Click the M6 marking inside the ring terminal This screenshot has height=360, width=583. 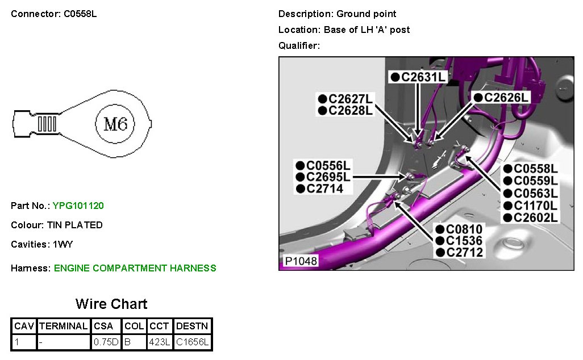coord(115,124)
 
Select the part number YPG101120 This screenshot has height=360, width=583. coord(78,206)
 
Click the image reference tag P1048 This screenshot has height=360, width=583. coord(301,261)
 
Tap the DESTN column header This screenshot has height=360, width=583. coord(192,326)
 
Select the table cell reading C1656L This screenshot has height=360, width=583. coord(192,342)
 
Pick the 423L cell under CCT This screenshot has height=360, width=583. coord(160,342)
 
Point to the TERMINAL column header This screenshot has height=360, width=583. coord(64,326)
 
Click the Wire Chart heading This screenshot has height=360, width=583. coord(111,304)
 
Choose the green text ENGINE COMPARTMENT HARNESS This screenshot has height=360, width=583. coord(135,268)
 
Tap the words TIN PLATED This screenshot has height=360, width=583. coord(78,225)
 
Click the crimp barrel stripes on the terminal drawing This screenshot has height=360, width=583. coord(48,123)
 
